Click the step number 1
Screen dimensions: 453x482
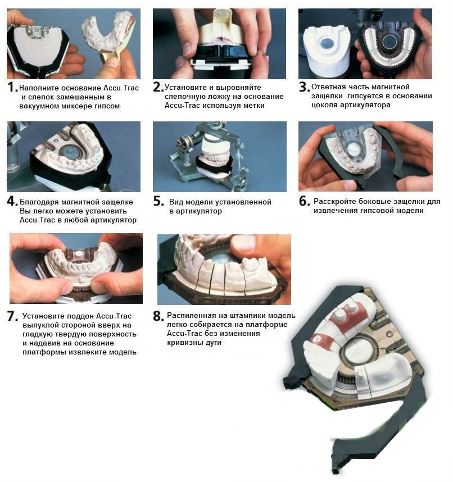pos(12,87)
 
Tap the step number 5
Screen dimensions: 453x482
pos(158,201)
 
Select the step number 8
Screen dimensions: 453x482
pos(158,316)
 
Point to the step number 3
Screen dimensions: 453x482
pos(304,87)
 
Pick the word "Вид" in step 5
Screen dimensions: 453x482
pos(175,202)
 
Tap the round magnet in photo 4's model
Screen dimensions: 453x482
pos(70,152)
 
